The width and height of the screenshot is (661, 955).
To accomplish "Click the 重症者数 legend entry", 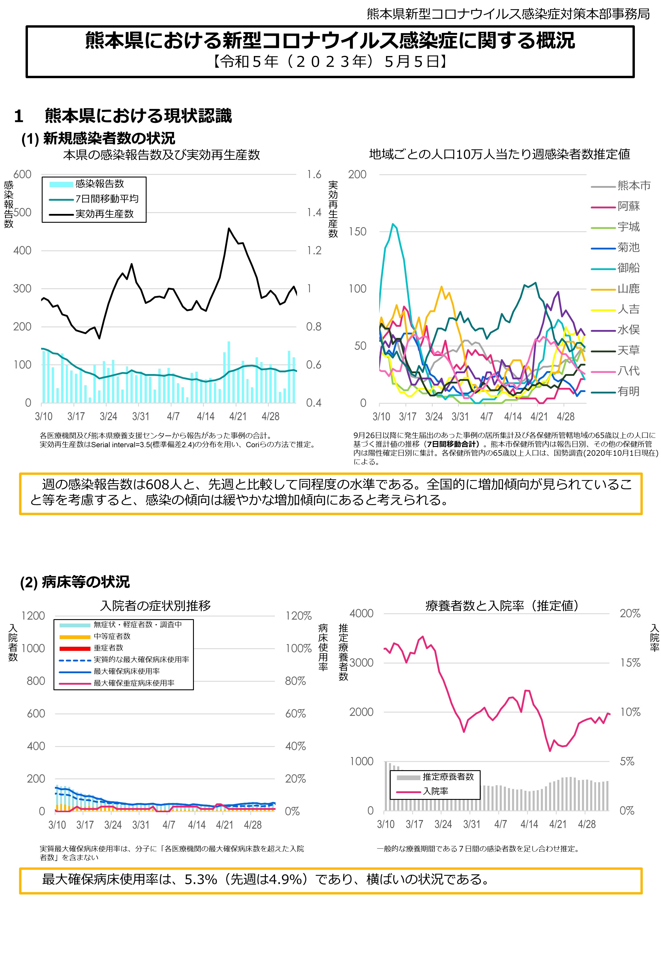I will tap(108, 648).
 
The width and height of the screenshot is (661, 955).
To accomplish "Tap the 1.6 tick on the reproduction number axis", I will tap(314, 174).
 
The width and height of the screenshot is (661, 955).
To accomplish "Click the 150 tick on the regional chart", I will tap(357, 232).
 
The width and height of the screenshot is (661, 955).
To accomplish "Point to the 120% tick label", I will tap(298, 616).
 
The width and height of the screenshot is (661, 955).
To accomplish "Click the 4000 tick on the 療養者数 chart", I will tap(361, 613).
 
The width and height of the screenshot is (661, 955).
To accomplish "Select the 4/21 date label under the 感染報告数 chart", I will tap(238, 416).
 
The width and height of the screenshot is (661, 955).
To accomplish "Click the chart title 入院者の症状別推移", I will tap(155, 605).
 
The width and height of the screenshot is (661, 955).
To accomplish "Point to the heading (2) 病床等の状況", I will tap(75, 582).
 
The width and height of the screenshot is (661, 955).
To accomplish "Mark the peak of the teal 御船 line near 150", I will tap(393, 224).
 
